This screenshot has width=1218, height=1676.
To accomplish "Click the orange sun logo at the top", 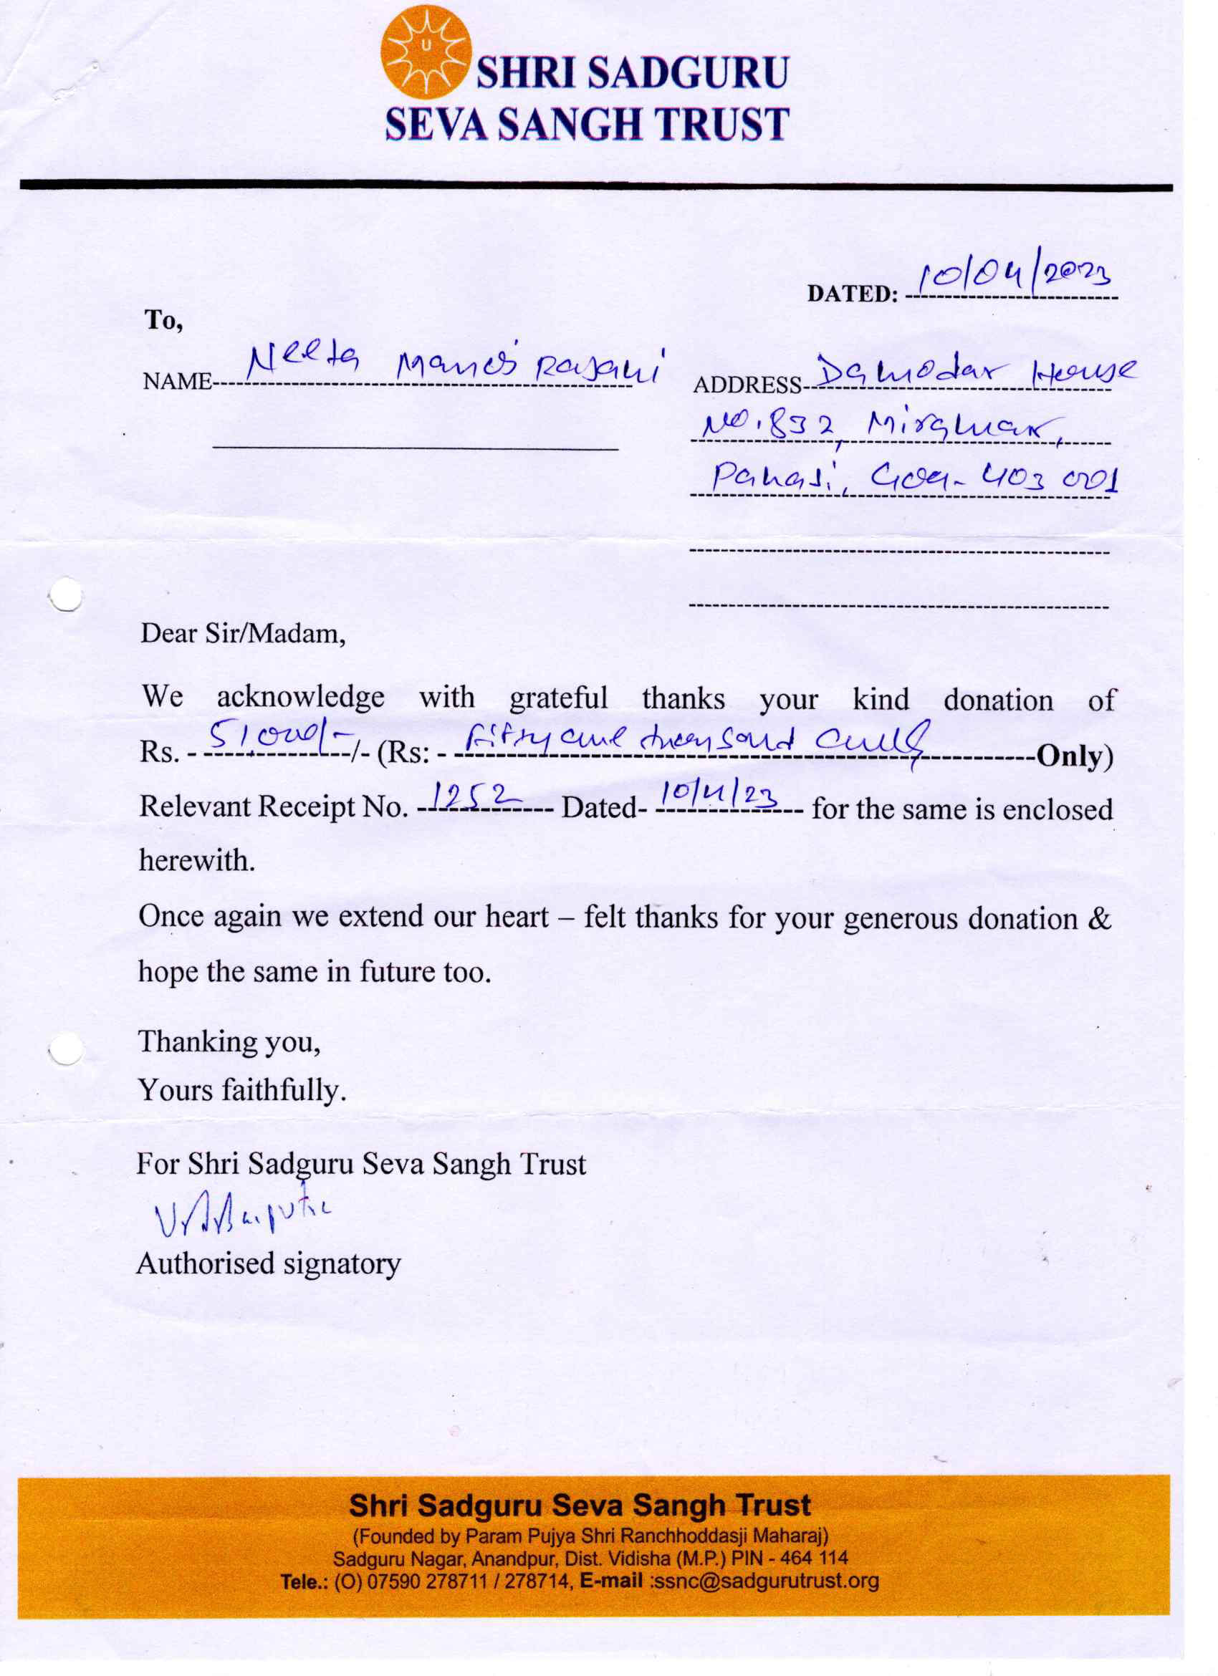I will (x=426, y=52).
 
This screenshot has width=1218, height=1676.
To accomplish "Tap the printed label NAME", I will (x=177, y=382).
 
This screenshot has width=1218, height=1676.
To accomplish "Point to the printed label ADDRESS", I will (x=747, y=385).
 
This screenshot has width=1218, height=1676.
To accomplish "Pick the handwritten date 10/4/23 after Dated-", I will (x=717, y=795).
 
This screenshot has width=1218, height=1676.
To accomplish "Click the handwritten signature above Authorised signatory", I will (x=241, y=1213).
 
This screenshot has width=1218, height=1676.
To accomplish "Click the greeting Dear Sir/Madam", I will (x=243, y=634).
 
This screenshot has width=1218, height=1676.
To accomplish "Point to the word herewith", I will (x=196, y=860).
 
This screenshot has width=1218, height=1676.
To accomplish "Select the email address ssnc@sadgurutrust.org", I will (x=764, y=1580).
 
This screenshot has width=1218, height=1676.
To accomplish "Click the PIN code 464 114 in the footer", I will (x=813, y=1558).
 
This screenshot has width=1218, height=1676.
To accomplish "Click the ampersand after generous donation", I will (x=1100, y=918).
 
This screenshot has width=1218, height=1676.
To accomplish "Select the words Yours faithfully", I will (x=241, y=1089).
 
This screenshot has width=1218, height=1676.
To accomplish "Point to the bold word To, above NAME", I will (x=163, y=320).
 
